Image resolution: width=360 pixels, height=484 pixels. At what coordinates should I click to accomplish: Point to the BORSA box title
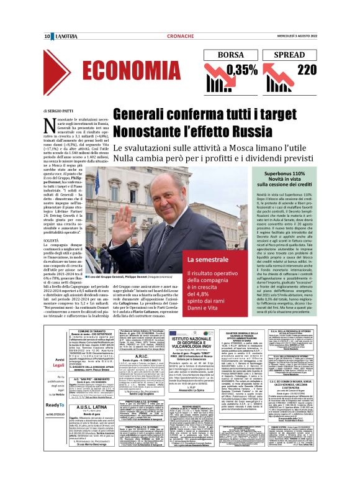click(231, 54)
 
